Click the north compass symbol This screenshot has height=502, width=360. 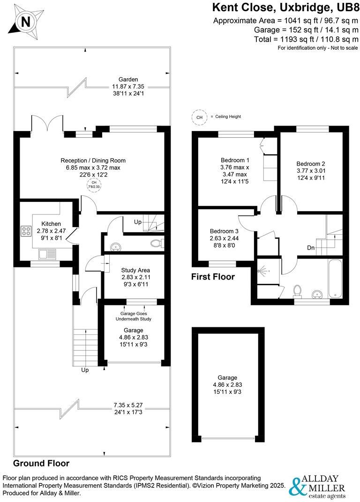26,21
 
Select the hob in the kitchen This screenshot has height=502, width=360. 24,231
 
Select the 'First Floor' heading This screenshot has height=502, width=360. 213,277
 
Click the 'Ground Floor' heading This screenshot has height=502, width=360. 41,463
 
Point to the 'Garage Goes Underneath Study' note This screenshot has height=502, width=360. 135,316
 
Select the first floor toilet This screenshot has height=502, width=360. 296,291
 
